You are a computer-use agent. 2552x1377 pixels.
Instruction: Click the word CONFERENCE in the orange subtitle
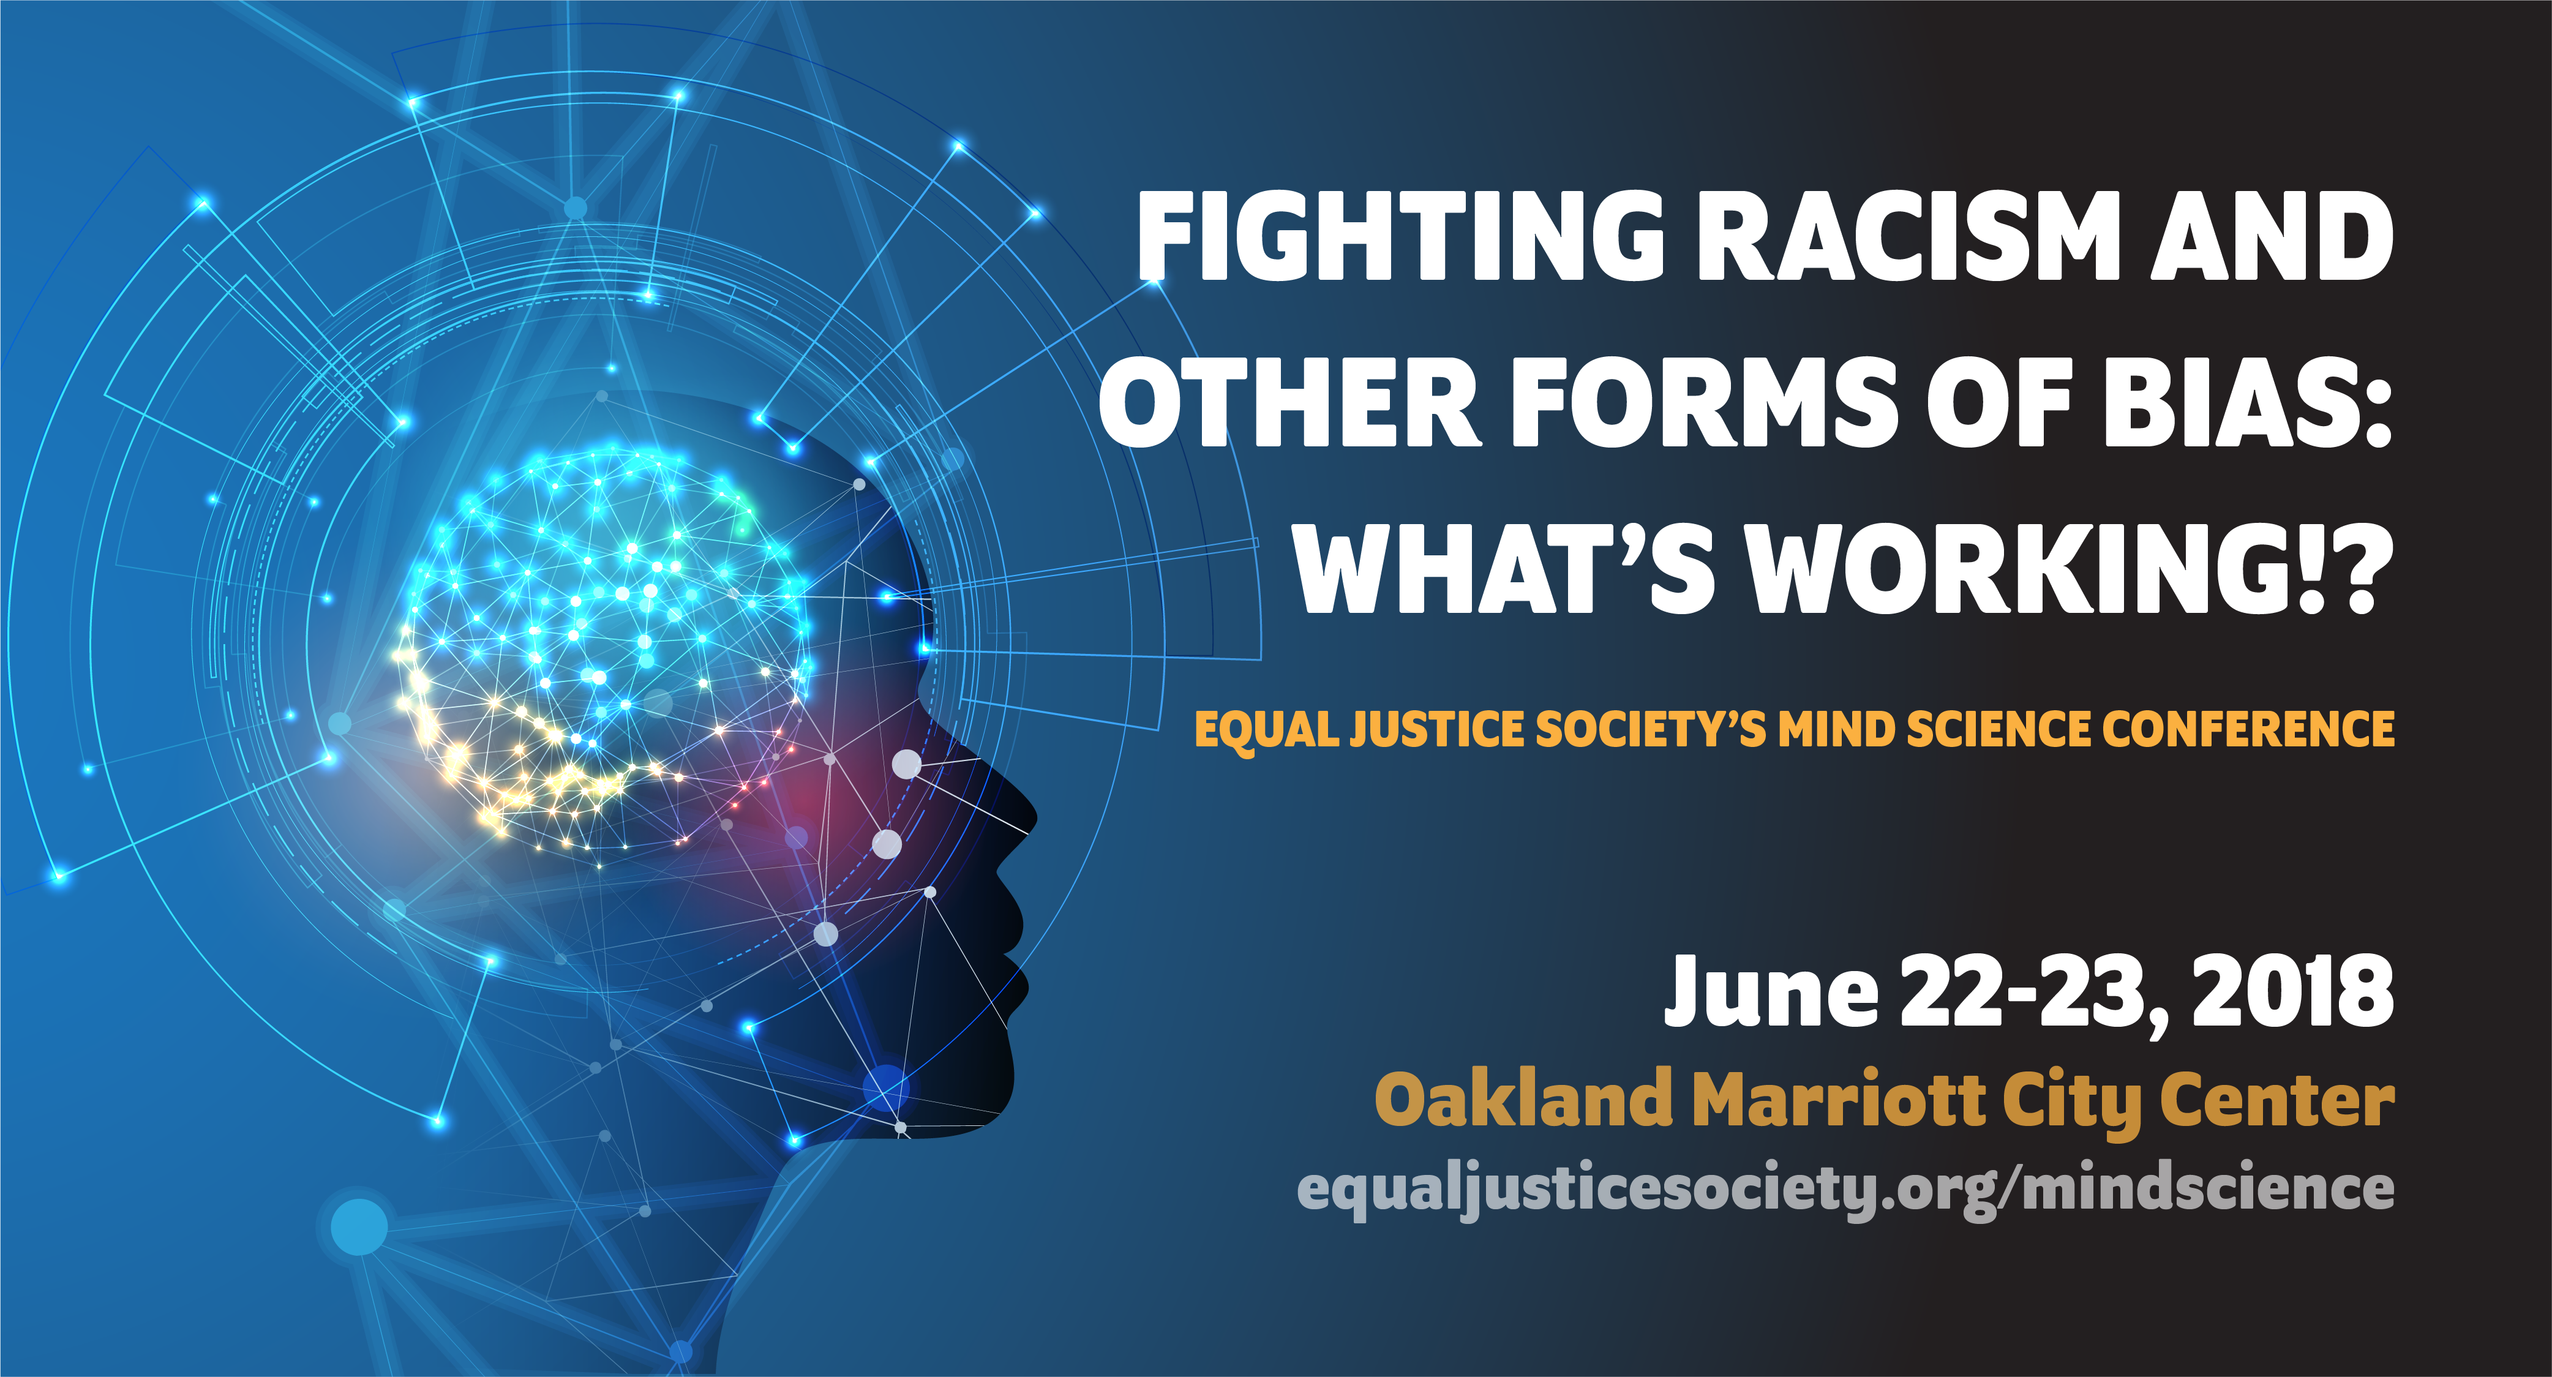[x=2248, y=729]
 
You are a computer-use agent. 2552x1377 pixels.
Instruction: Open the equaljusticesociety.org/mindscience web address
[x=1845, y=1189]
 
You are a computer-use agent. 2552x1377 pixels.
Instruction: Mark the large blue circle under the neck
[x=359, y=1226]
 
